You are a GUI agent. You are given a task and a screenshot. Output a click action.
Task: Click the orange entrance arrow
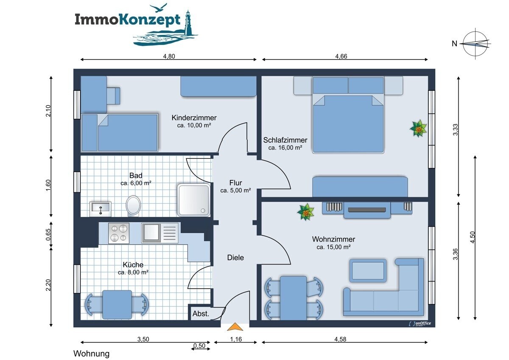point(235,327)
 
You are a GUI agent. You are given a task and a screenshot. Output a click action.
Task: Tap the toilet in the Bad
point(133,206)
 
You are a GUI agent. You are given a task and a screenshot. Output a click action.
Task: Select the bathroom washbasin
point(101,209)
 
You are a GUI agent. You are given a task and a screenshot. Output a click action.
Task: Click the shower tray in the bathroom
point(193,200)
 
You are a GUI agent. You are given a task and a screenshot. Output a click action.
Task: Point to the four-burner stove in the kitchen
point(119,233)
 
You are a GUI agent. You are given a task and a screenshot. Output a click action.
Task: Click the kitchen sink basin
point(151,232)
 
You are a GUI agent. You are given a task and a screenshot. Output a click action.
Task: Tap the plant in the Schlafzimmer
point(418,129)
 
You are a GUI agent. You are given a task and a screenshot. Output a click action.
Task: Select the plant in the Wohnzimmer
point(306,212)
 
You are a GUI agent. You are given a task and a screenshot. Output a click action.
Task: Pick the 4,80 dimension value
point(169,56)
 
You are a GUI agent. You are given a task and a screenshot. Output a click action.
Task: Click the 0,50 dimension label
point(199,346)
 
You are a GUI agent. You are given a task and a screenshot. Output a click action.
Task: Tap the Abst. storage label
point(201,314)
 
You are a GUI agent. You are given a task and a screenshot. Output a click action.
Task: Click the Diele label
point(235,258)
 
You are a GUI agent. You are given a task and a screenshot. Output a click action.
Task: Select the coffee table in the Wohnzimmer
point(368,270)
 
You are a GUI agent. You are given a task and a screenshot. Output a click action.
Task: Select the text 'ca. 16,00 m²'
point(285,148)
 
